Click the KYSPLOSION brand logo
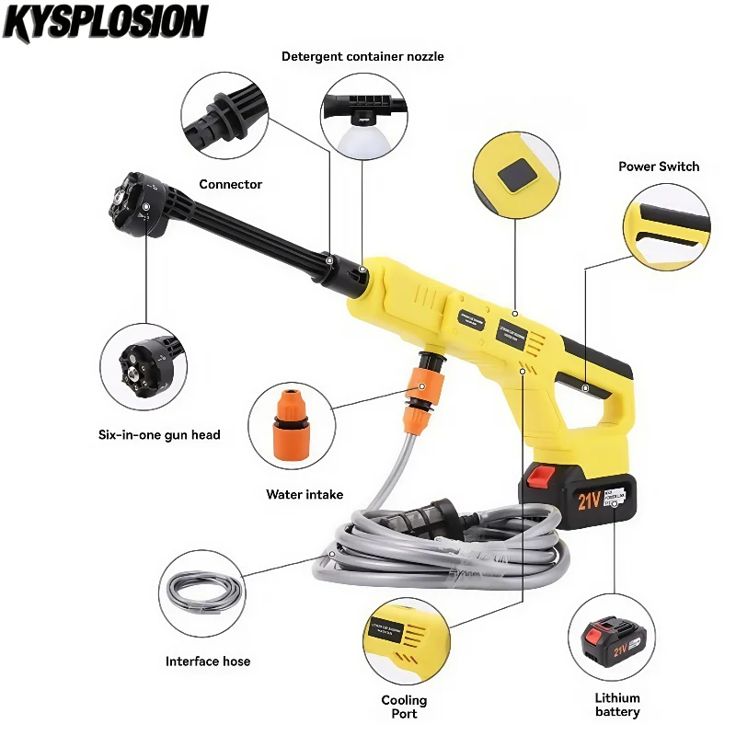[106, 22]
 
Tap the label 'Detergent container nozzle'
[362, 56]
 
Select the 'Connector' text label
[231, 184]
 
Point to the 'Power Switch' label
[659, 167]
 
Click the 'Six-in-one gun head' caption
[160, 434]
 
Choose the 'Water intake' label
[305, 494]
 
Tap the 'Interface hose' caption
[208, 661]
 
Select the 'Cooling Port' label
[405, 707]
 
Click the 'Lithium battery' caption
[617, 705]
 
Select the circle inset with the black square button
[515, 172]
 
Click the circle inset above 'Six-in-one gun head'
[144, 365]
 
